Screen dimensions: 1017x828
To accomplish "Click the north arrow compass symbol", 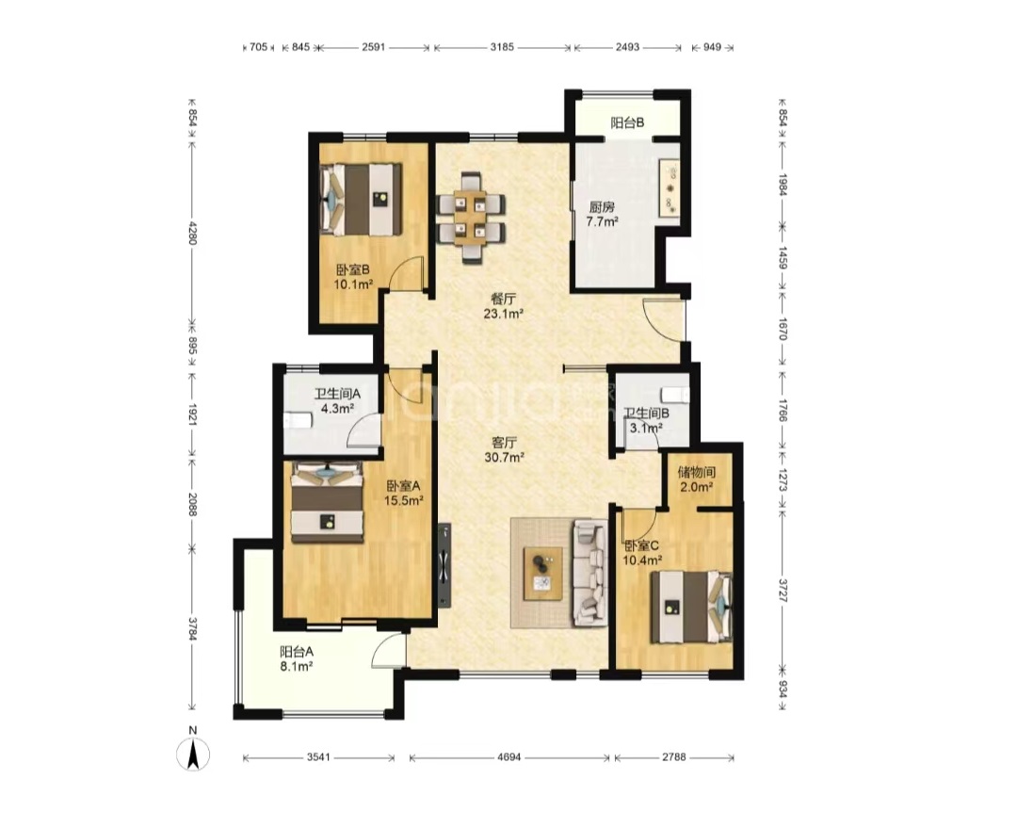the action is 193,755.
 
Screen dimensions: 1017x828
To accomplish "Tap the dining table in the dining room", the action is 470,217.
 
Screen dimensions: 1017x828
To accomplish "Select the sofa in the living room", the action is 589,573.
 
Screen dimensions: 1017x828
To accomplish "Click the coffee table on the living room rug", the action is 543,573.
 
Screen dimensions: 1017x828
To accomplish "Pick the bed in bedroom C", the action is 691,607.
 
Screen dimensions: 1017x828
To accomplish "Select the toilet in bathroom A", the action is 298,421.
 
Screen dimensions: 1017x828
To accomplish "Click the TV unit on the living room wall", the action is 444,564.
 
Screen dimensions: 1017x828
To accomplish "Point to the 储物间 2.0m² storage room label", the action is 696,479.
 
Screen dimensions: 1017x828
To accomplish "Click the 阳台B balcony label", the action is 627,122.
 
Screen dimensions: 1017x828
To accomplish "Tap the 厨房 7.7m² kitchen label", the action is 602,214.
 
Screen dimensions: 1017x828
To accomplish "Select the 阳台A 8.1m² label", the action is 297,658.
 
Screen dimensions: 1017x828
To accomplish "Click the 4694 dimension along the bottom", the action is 509,757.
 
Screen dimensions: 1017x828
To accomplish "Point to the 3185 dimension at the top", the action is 502,47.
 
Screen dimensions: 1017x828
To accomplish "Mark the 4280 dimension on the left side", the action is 192,233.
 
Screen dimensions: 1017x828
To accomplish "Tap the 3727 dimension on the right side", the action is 783,590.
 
